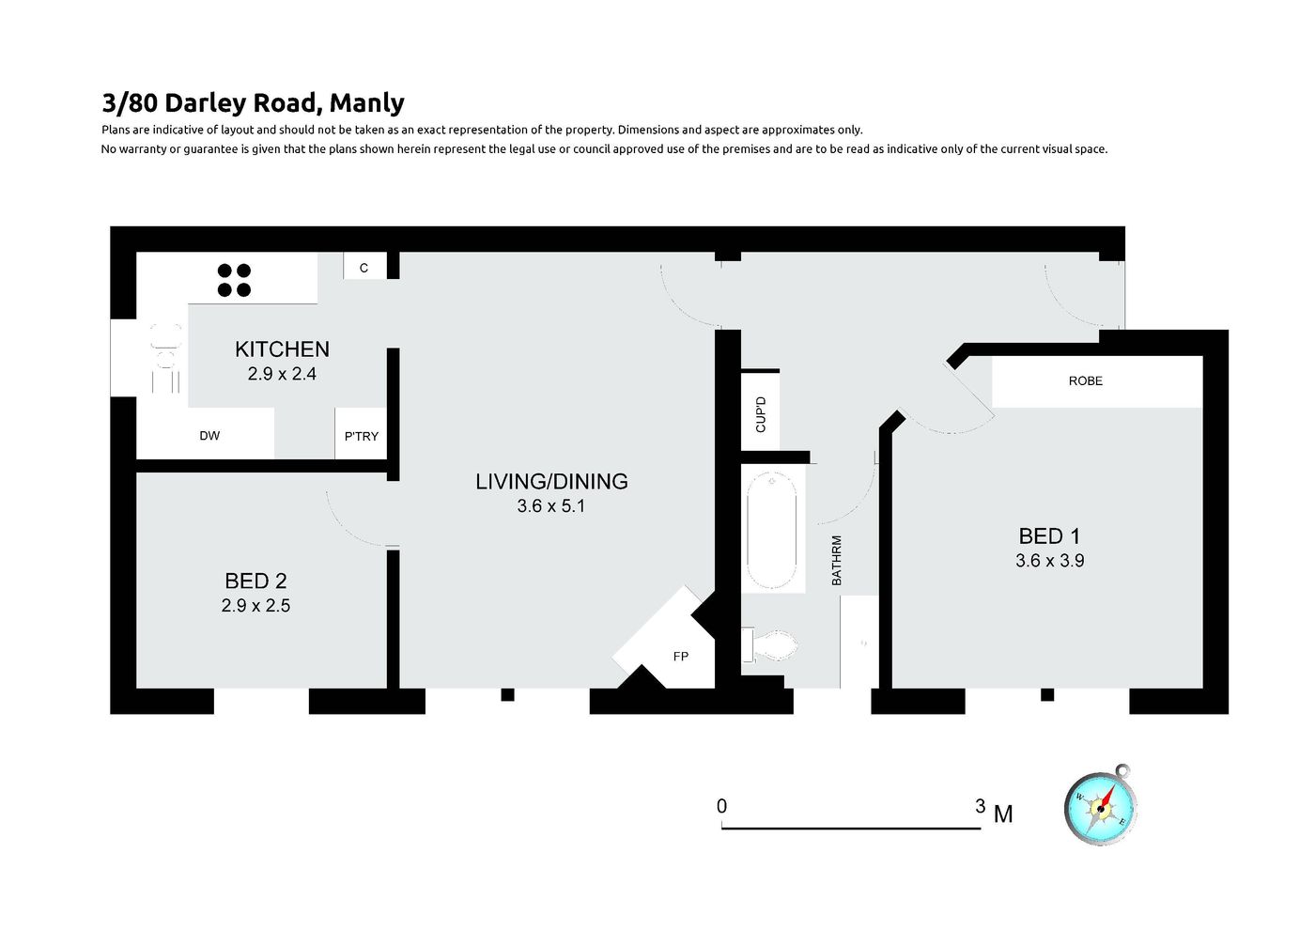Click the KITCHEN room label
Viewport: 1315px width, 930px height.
tap(282, 349)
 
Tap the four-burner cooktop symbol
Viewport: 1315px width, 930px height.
tap(234, 280)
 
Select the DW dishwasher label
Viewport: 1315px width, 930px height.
tap(209, 436)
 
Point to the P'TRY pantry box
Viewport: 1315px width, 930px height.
tap(361, 434)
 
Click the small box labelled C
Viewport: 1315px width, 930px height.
tap(364, 266)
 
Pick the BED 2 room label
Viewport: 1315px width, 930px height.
tap(255, 581)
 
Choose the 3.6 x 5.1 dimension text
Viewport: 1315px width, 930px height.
tap(550, 506)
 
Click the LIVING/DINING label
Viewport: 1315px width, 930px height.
tap(551, 481)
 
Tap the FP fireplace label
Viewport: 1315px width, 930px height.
tap(681, 657)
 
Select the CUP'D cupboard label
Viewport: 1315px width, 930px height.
tap(761, 414)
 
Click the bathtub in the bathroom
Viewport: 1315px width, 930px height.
tap(772, 530)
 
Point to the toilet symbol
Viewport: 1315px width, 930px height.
tap(770, 645)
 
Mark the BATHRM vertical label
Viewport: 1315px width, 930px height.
tap(837, 561)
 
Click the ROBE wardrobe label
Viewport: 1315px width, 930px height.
tap(1086, 381)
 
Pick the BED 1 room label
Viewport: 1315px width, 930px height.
tap(1050, 536)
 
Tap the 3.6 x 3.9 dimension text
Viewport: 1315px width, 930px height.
tap(1050, 561)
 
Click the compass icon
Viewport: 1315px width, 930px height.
tap(1101, 807)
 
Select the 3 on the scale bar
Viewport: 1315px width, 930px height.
tap(981, 806)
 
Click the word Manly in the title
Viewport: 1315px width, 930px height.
tap(367, 103)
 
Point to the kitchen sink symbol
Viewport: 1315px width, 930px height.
tap(165, 357)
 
